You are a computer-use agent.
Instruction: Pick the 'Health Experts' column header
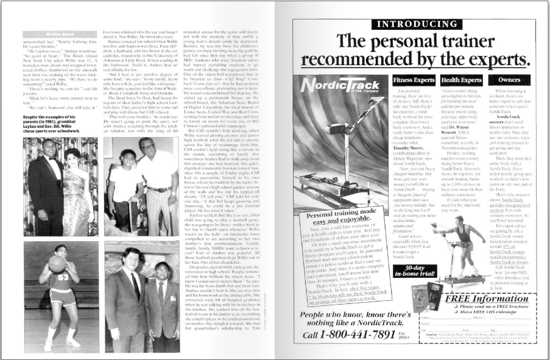click(462, 80)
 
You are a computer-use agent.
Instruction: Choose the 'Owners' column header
click(509, 80)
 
